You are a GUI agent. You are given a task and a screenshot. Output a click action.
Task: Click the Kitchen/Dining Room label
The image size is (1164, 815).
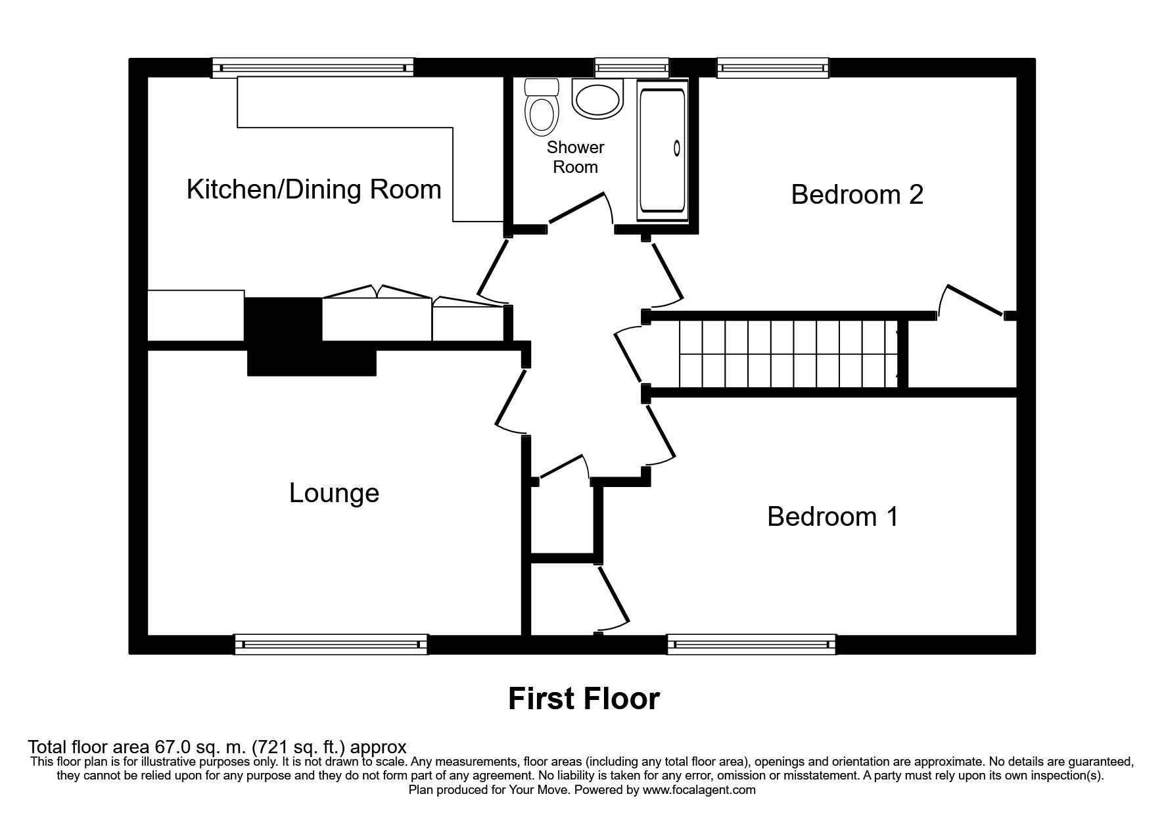tap(314, 189)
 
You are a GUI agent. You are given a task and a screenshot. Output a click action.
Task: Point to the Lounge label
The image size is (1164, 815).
tap(335, 493)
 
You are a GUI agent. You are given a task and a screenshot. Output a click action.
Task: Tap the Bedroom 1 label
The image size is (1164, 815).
tap(833, 517)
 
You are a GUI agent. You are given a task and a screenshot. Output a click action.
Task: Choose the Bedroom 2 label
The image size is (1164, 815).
tap(857, 195)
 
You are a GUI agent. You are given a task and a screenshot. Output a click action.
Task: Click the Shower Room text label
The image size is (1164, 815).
tap(575, 157)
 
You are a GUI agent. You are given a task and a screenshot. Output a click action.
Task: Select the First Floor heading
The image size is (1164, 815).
tap(584, 699)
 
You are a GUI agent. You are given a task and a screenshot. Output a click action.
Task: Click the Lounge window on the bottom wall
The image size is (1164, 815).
tap(331, 645)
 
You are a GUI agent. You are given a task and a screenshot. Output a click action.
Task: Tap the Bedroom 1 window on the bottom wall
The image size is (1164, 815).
tap(752, 645)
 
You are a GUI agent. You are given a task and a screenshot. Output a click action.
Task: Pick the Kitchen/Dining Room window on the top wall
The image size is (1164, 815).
tap(313, 68)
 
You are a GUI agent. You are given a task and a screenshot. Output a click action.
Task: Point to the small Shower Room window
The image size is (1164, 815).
tap(632, 68)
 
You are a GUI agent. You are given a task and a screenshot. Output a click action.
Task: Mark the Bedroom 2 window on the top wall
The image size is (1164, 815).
tap(773, 68)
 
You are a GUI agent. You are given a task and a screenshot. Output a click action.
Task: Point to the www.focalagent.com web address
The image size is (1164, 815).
tap(699, 790)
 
